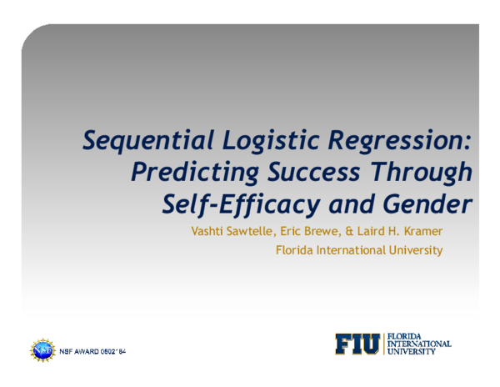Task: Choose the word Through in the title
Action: (423, 172)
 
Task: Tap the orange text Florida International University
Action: (359, 249)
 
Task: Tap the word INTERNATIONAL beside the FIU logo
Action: (419, 344)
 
